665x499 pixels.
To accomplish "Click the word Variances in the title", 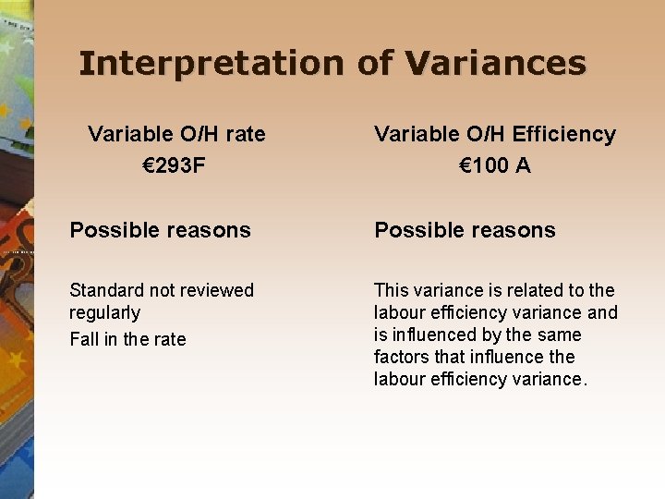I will point(496,64).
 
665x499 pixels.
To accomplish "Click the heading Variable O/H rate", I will point(176,134).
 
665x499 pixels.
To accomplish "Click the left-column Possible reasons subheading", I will point(160,230).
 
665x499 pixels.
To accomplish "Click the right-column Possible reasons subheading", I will point(465,230).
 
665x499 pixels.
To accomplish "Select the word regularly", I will point(105,312).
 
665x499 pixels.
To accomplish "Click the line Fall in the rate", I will point(127,339).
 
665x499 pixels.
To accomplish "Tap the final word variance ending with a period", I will point(551,379).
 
